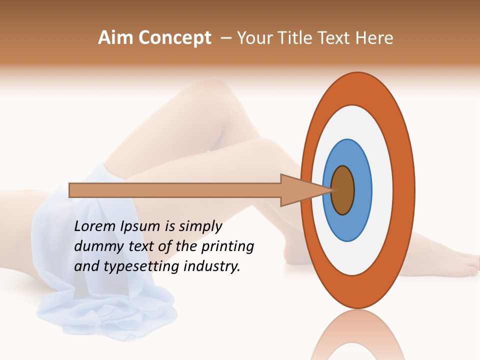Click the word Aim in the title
coord(116,38)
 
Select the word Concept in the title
coord(174,38)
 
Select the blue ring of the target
coord(362,190)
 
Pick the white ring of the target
coord(382,190)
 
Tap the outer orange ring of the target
coord(404,190)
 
